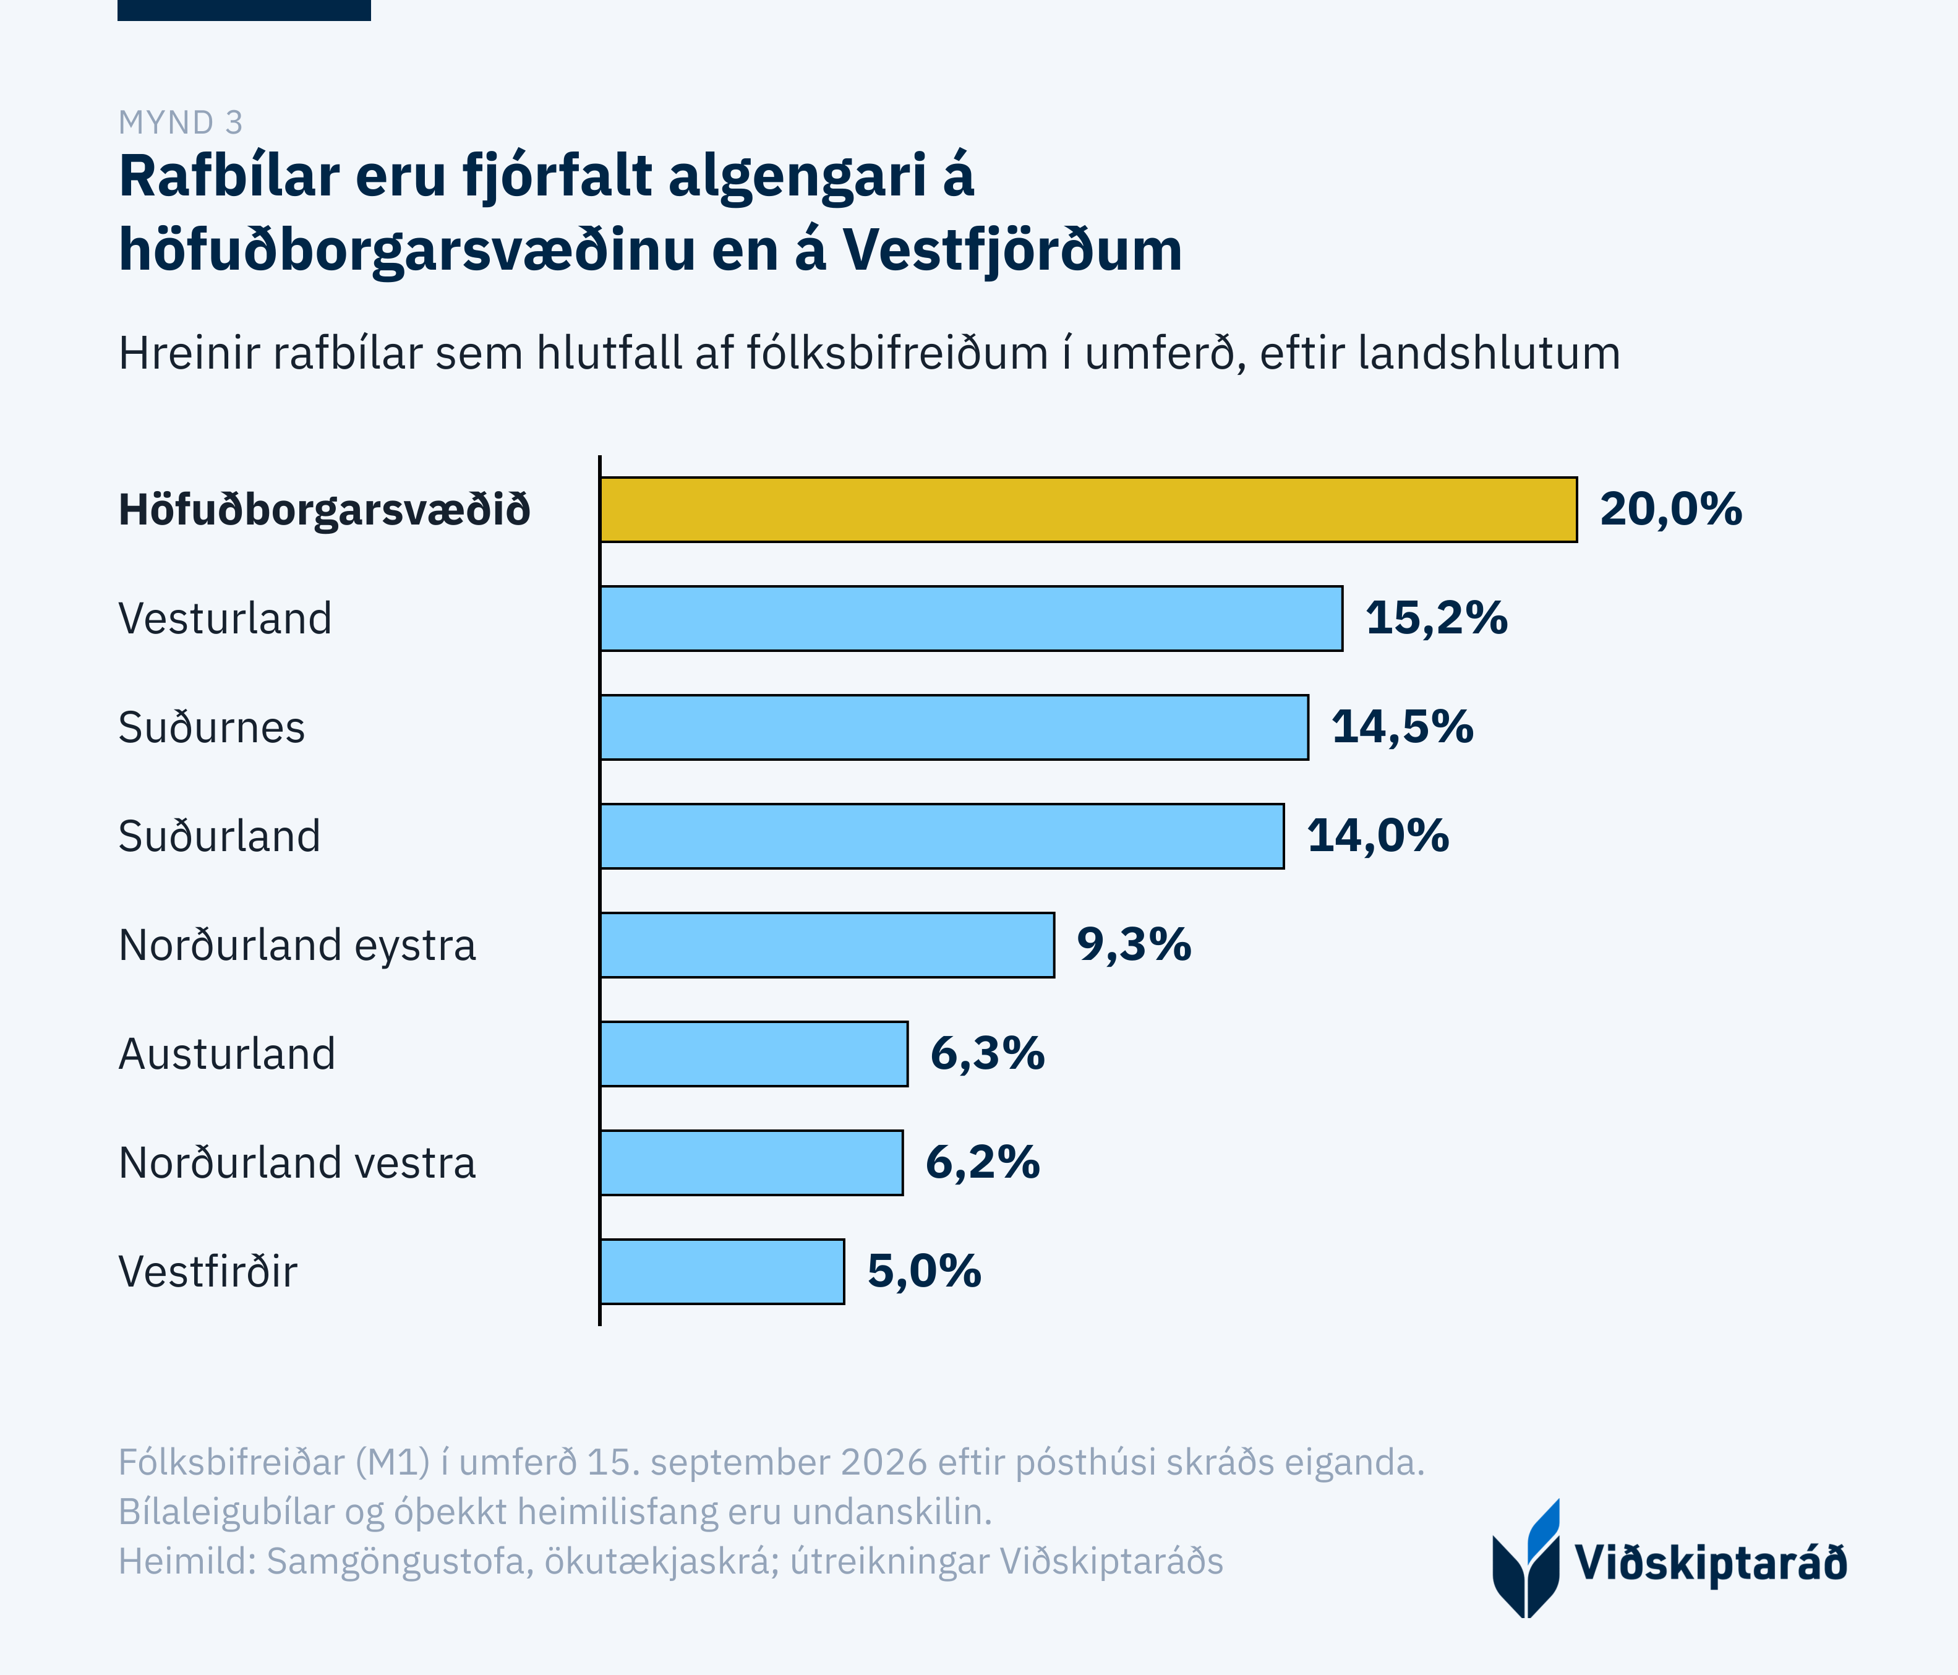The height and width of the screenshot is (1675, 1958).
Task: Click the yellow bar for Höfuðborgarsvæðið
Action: (1088, 510)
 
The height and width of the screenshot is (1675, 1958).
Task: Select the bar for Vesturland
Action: (972, 618)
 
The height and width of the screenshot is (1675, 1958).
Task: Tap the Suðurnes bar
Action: (954, 727)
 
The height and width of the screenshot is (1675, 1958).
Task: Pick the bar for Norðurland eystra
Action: (827, 945)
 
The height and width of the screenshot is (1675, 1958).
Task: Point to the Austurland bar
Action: (754, 1053)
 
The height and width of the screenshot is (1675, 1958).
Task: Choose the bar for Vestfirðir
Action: (722, 1271)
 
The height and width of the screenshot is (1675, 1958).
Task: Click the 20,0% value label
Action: (1670, 510)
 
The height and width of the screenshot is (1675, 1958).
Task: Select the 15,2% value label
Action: (1437, 618)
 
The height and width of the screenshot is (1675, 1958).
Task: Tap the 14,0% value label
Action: (1378, 836)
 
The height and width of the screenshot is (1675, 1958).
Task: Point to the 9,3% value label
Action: (1134, 945)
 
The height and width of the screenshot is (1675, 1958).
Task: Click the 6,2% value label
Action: (983, 1162)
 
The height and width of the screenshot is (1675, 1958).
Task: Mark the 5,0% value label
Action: (924, 1271)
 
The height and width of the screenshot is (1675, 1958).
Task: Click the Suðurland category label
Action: (219, 836)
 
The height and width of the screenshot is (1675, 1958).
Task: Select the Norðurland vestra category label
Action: (297, 1162)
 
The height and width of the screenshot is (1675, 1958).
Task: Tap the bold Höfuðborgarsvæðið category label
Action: (324, 510)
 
